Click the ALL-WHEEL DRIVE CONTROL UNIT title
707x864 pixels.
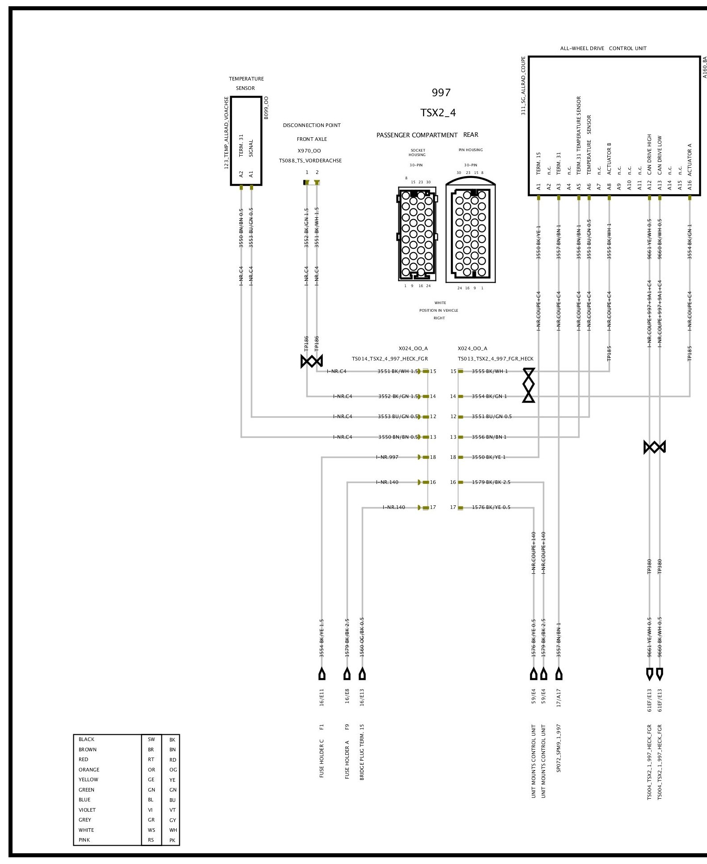(x=603, y=48)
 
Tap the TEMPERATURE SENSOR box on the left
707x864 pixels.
(x=246, y=140)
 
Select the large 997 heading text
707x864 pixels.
(x=441, y=93)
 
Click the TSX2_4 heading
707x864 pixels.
(x=438, y=113)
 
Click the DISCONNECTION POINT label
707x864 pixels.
(x=312, y=125)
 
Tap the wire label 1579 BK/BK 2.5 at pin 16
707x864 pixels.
(x=491, y=482)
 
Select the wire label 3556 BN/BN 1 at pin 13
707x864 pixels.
(x=489, y=437)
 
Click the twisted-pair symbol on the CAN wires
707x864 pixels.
(x=655, y=447)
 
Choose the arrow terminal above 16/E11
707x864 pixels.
(x=322, y=673)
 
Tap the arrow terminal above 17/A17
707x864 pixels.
(x=559, y=673)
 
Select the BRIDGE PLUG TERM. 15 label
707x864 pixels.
(x=362, y=758)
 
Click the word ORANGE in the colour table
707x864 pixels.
(x=89, y=770)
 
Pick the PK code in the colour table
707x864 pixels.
(x=173, y=840)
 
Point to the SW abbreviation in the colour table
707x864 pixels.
(x=151, y=739)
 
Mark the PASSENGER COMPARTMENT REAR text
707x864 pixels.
(x=427, y=135)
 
